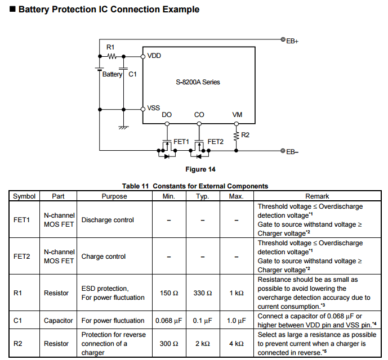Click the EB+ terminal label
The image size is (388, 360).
coord(292,42)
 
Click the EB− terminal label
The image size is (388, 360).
coord(292,152)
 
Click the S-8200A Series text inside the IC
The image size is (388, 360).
coord(198,82)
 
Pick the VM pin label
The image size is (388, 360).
coord(237,115)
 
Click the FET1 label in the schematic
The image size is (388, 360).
coord(181,141)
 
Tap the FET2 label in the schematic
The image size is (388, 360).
coord(216,141)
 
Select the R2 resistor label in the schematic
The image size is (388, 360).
coord(245,135)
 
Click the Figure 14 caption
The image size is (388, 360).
coord(200,169)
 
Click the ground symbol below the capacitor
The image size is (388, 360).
coord(123,128)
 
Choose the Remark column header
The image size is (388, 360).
coord(317,196)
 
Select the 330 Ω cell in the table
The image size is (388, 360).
coord(203,293)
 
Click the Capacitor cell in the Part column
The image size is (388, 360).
coord(59,321)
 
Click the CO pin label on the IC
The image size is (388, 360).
coord(199,115)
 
